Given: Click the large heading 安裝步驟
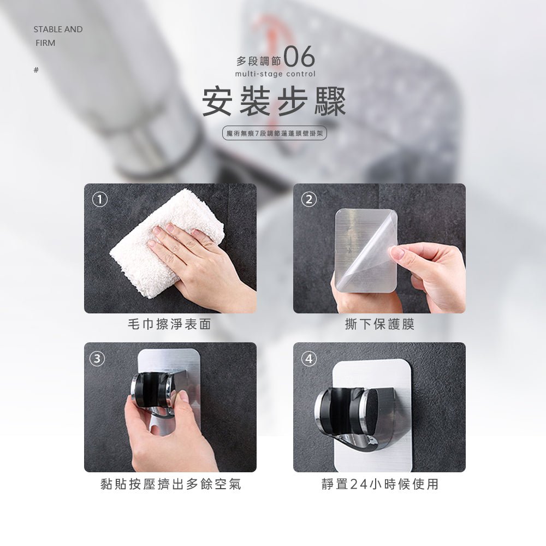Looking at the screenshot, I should [274, 102].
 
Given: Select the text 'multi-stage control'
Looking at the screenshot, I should [275, 74].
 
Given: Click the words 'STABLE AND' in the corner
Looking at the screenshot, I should [58, 29].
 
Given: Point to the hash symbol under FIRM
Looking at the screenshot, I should [36, 70].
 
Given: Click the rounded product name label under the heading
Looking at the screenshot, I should [275, 133].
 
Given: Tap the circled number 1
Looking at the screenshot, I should [99, 199].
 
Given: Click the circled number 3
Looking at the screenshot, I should [97, 358].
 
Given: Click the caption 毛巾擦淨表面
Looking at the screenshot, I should [169, 324].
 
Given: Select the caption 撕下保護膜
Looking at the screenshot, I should [379, 324].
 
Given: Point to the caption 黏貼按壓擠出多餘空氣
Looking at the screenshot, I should [170, 484].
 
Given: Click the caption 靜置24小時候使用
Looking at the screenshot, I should [379, 484].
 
